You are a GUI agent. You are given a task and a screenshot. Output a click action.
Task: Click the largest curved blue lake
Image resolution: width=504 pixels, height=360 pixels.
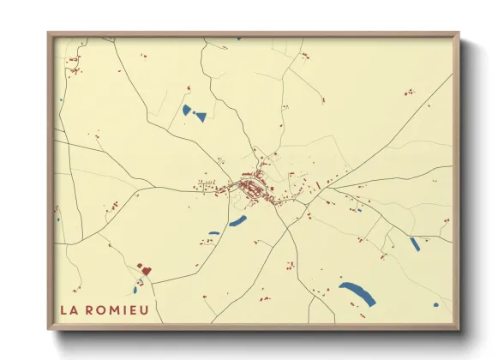pyautogui.click(x=357, y=293)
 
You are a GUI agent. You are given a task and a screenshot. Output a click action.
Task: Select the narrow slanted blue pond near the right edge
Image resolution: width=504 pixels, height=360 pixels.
pyautogui.click(x=415, y=244)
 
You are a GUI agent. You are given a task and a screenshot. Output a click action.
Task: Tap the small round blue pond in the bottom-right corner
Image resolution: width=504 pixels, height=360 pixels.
pyautogui.click(x=435, y=304)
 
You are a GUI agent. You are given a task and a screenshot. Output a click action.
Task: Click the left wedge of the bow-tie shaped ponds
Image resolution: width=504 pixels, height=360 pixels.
pyautogui.click(x=187, y=110)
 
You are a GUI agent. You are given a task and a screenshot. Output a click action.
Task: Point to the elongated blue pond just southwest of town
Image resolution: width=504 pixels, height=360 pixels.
pyautogui.click(x=237, y=221)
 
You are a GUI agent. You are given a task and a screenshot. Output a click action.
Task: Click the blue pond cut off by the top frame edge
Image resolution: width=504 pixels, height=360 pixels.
pyautogui.click(x=238, y=39)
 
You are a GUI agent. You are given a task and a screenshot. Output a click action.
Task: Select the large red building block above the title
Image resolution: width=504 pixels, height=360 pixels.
pyautogui.click(x=146, y=270)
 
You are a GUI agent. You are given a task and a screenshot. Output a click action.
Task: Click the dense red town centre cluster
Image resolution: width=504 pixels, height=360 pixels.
pyautogui.click(x=251, y=189)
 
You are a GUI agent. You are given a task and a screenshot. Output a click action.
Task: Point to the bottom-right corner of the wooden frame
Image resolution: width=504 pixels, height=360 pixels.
pyautogui.click(x=459, y=328)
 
